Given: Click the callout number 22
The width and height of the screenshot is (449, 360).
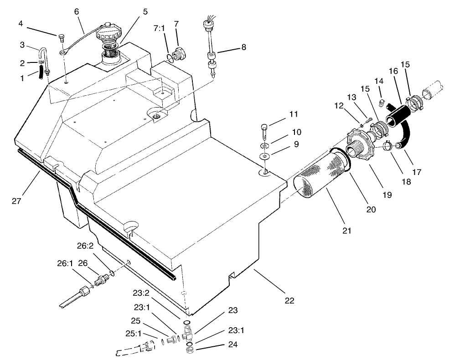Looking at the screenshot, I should pyautogui.click(x=289, y=300).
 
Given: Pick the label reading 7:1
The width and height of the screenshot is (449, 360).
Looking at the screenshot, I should pyautogui.click(x=160, y=28).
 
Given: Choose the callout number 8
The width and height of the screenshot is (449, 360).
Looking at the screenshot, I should pyautogui.click(x=244, y=46).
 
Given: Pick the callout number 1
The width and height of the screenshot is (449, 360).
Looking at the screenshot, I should pyautogui.click(x=22, y=78).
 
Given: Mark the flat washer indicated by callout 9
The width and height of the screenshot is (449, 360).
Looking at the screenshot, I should pyautogui.click(x=264, y=156).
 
